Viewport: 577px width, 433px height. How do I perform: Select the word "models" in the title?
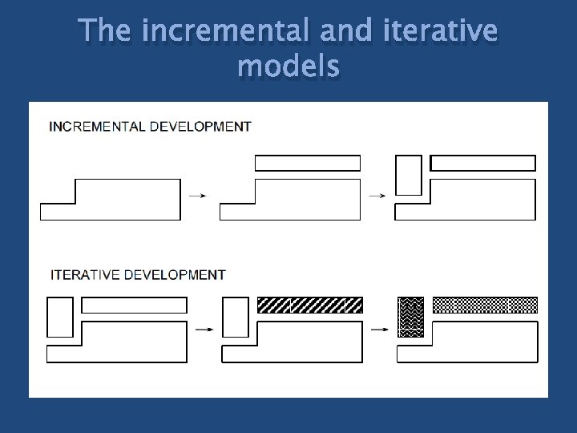tap(288, 68)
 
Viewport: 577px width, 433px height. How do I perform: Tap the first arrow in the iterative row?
tap(204, 329)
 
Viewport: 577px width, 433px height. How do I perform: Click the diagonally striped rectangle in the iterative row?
tap(309, 305)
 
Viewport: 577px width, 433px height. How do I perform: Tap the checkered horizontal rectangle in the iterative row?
tap(485, 305)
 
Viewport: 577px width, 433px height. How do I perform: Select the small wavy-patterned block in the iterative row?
tap(410, 317)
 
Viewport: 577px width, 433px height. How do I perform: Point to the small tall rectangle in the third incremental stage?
tap(409, 175)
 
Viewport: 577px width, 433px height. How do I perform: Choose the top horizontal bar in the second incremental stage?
tap(308, 163)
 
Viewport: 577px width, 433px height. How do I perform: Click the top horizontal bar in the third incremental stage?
tap(482, 163)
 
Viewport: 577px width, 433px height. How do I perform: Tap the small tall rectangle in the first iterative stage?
tap(60, 317)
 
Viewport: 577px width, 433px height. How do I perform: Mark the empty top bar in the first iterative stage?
tap(135, 305)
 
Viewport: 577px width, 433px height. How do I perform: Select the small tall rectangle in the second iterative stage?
tap(235, 317)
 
